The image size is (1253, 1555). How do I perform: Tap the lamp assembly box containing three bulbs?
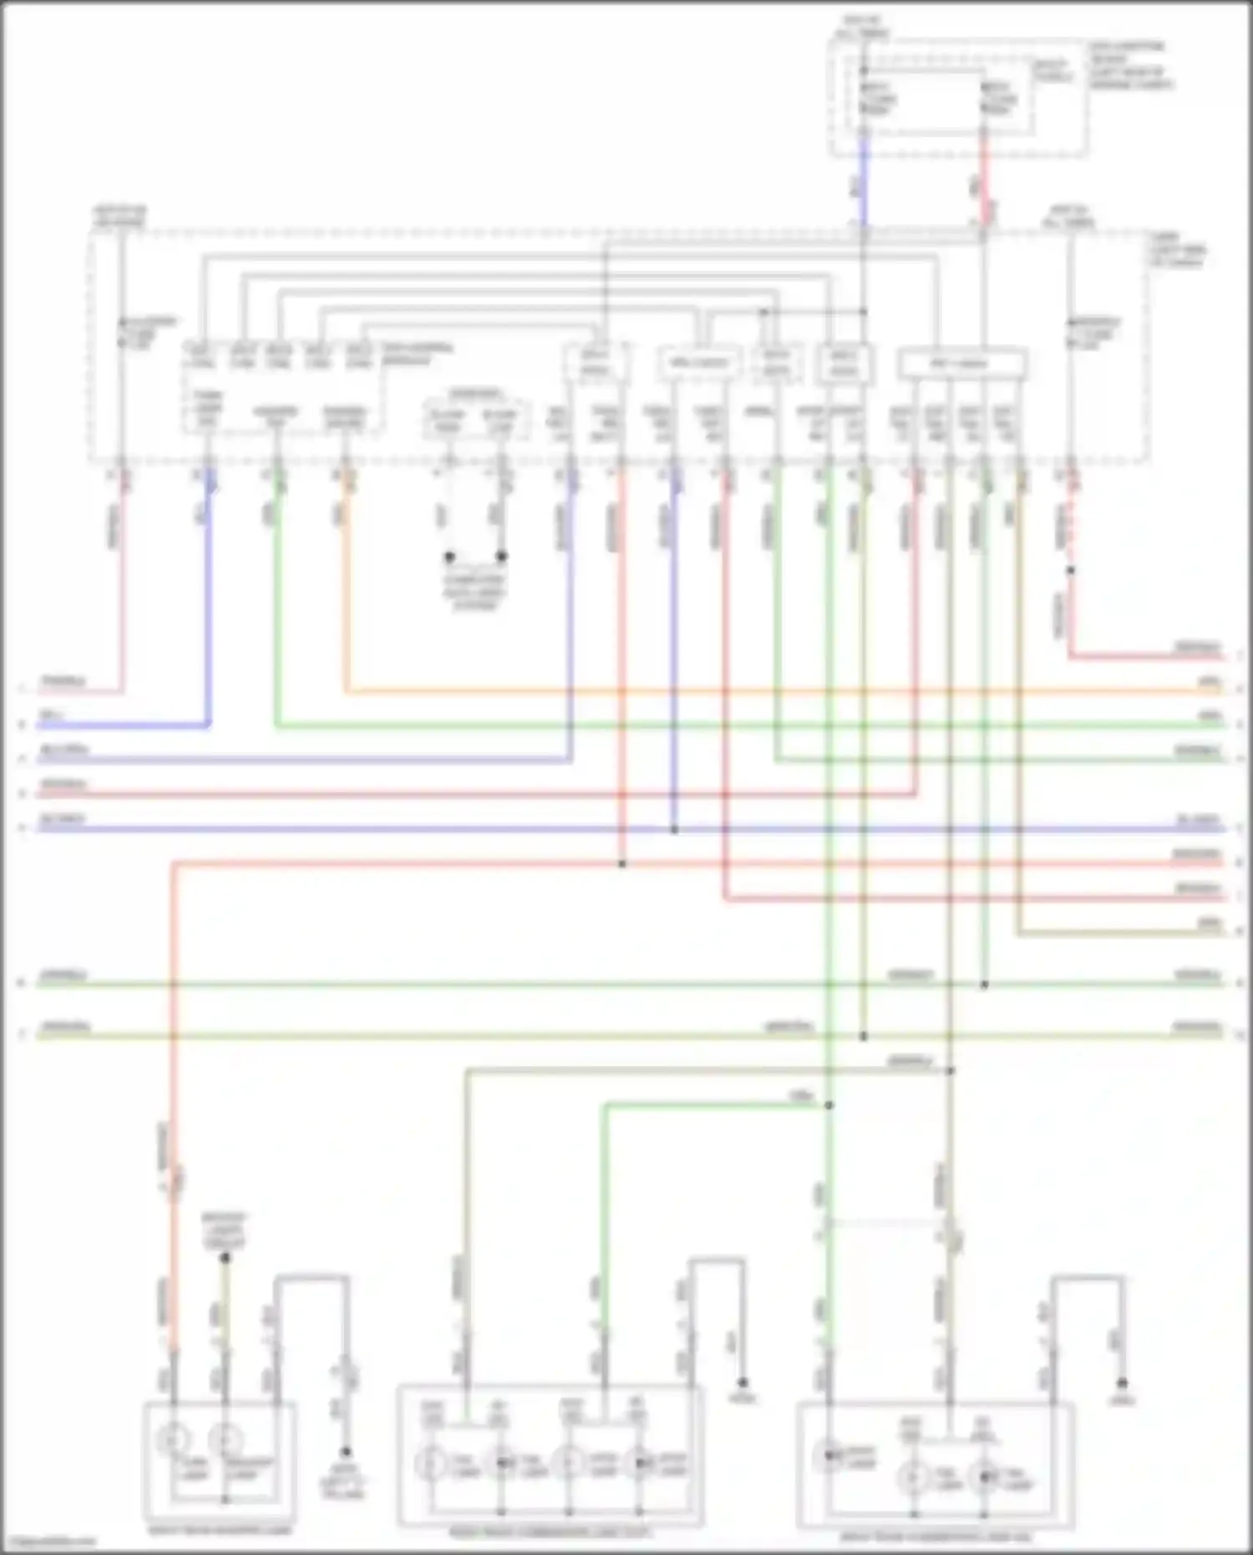(935, 1466)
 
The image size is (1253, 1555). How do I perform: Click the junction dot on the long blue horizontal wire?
(674, 830)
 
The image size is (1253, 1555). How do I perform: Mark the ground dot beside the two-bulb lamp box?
(345, 1452)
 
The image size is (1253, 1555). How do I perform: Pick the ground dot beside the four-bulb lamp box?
(742, 1383)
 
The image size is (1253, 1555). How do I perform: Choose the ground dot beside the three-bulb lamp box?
(1123, 1383)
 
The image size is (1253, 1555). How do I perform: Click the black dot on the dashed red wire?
(1070, 571)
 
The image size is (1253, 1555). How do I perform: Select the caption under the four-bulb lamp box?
(550, 1533)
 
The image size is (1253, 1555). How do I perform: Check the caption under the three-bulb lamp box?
(935, 1536)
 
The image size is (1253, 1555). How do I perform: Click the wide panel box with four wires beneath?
(961, 364)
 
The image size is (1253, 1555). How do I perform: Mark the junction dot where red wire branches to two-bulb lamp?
(621, 863)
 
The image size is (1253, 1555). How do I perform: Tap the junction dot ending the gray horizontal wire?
(950, 1070)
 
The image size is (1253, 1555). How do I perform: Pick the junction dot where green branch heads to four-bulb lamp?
(829, 1105)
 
